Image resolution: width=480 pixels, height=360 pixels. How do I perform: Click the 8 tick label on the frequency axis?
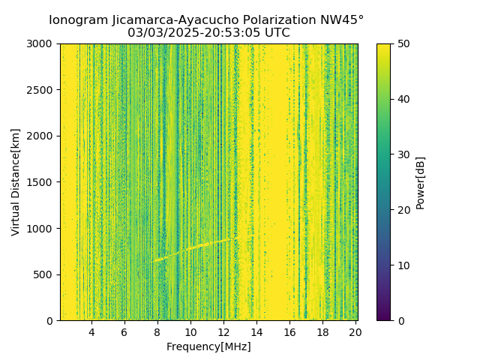157,332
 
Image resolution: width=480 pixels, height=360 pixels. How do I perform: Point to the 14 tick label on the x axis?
256,332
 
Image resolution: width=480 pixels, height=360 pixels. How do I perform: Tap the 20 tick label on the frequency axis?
355,332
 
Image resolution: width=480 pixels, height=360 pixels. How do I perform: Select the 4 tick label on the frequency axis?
91,332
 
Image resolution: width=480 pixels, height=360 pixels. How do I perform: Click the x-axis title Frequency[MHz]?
208,346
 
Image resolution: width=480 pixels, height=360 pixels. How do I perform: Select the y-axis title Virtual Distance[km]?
16,182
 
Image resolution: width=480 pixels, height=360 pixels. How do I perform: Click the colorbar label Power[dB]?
421,182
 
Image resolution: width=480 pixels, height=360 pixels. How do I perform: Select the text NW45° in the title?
343,20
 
